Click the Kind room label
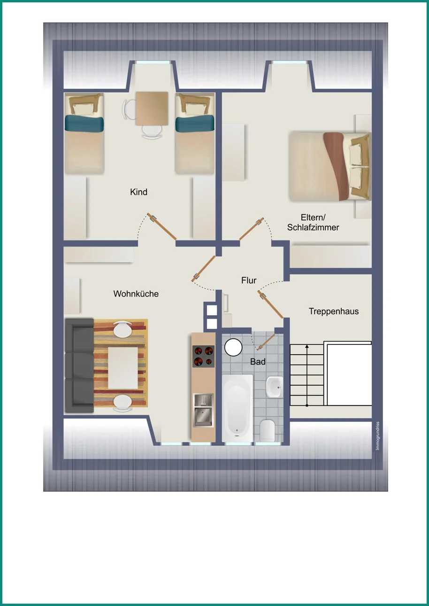[138, 192]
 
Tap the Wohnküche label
[136, 294]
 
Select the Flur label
[249, 280]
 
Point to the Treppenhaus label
[334, 311]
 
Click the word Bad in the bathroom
[258, 362]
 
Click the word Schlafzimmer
[313, 227]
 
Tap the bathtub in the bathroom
[237, 408]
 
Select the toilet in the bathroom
[268, 430]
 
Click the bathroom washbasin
[275, 387]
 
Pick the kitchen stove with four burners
[203, 356]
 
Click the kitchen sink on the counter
[203, 410]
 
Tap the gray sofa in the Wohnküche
[79, 365]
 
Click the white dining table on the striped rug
[123, 368]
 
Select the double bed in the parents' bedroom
[330, 166]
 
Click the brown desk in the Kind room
[152, 109]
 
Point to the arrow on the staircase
[307, 375]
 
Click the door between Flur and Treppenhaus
[270, 304]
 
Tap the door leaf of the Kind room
[161, 226]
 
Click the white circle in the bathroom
[233, 347]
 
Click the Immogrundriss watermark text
[378, 436]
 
